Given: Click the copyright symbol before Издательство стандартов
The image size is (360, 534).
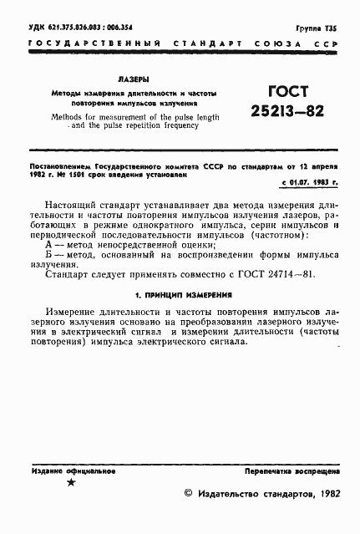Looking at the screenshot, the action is click(188, 496).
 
